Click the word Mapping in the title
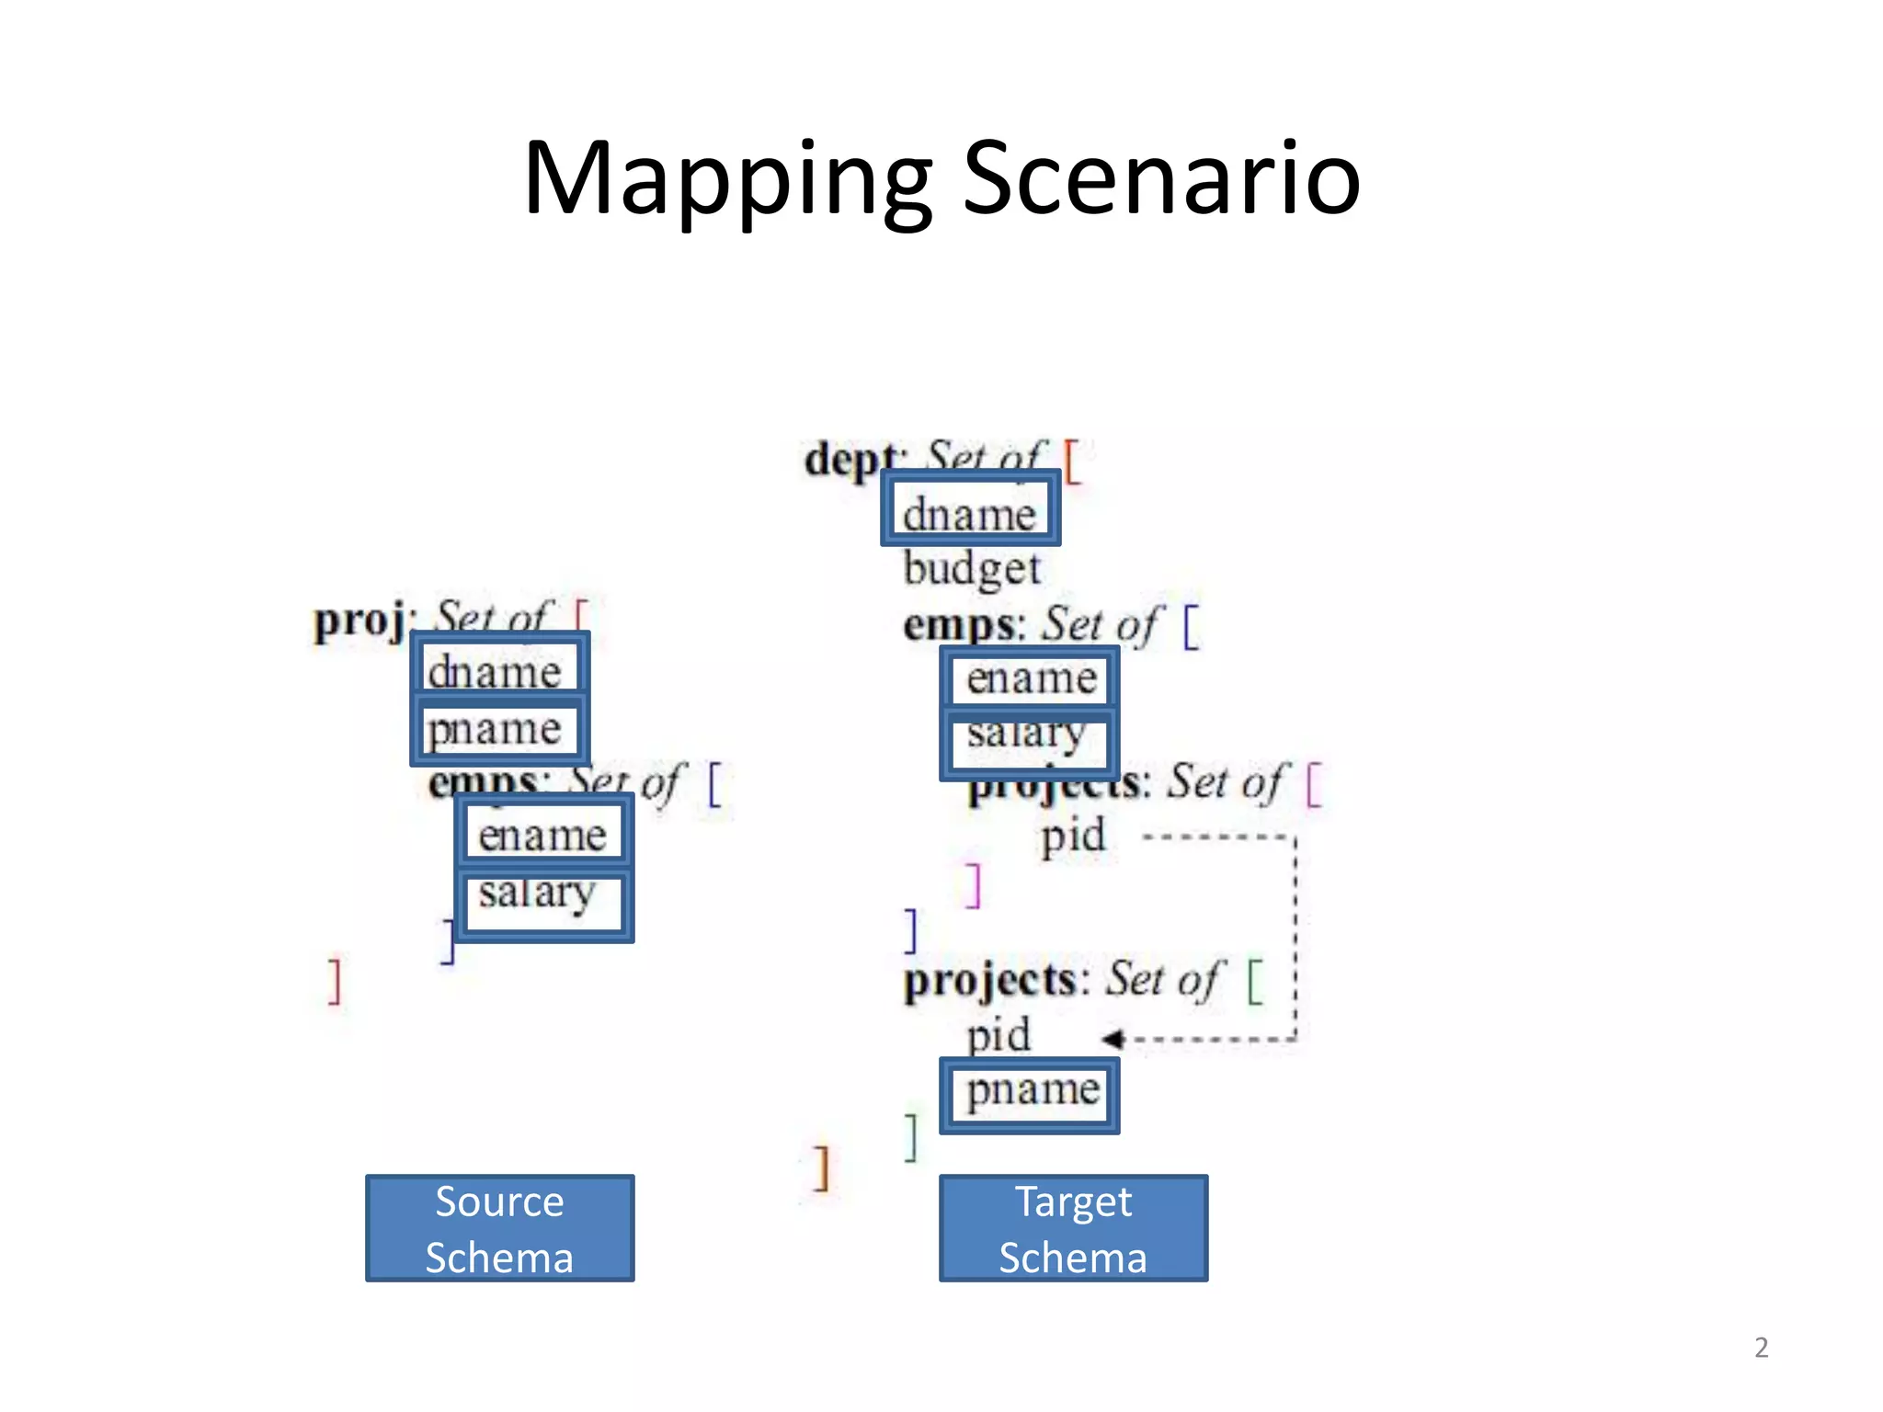[727, 179]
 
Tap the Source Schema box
[499, 1228]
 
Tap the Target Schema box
[1073, 1228]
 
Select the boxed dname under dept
[970, 510]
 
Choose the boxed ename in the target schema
[1029, 678]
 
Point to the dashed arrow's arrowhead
[1113, 1039]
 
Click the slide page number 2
[1761, 1348]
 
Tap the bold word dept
[850, 458]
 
